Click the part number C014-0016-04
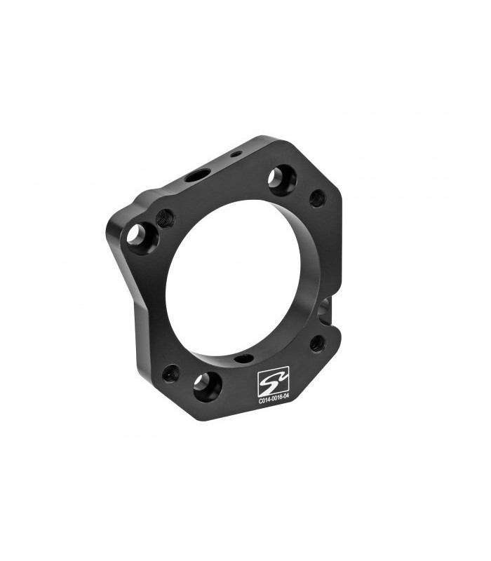(x=274, y=401)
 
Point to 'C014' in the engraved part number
(x=264, y=401)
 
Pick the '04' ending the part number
(x=285, y=401)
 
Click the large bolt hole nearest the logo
(x=208, y=387)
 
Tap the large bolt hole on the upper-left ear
(x=140, y=238)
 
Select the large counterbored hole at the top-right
(x=281, y=180)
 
